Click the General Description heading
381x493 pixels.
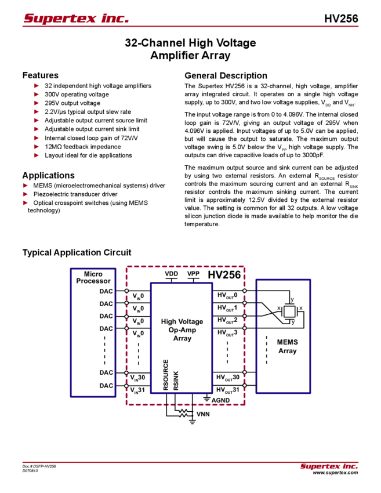226,75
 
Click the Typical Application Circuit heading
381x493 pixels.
78,253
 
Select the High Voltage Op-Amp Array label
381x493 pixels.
182,329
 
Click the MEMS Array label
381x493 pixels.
287,347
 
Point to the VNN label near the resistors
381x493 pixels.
203,414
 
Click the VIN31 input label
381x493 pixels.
138,390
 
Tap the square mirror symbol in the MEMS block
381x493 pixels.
288,311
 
